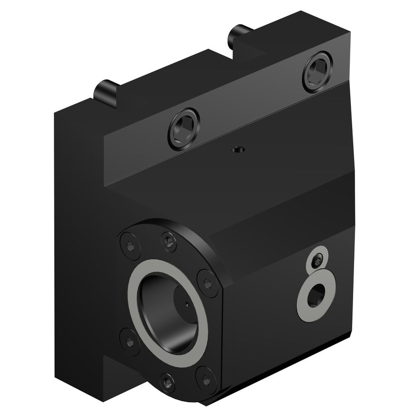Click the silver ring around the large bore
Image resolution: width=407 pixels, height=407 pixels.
(x=135, y=295)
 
